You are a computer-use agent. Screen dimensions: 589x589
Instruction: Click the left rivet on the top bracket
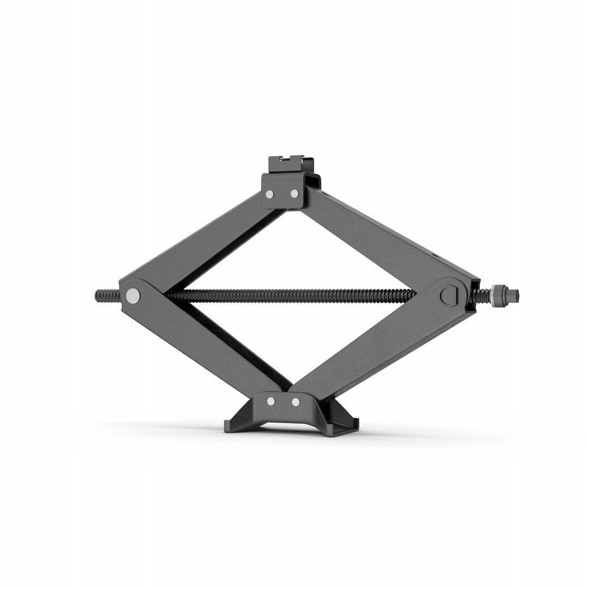(x=269, y=194)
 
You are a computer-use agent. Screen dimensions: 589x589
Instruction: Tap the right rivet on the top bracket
(x=294, y=193)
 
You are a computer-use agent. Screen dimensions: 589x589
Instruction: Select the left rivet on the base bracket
(x=271, y=401)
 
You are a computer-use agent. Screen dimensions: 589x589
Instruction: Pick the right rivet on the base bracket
(x=296, y=402)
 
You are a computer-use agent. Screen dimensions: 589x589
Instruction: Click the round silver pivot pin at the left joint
(x=133, y=296)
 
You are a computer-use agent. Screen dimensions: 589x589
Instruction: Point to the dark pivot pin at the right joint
(x=448, y=296)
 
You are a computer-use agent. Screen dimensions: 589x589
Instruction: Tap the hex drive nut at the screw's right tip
(x=512, y=296)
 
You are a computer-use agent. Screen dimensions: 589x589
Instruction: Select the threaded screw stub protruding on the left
(x=107, y=296)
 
